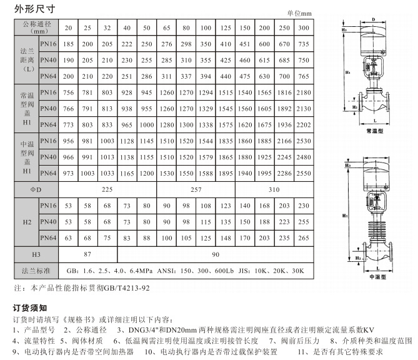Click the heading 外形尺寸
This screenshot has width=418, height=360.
point(31,9)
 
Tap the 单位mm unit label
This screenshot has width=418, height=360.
point(299,13)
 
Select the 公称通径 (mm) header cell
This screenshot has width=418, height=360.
point(37,27)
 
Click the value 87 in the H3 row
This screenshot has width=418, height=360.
point(87,255)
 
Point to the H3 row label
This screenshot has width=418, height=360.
point(37,255)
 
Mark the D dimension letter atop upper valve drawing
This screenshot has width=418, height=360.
point(374,19)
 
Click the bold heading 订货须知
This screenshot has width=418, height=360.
point(30,308)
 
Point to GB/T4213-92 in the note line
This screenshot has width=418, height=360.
point(129,288)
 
